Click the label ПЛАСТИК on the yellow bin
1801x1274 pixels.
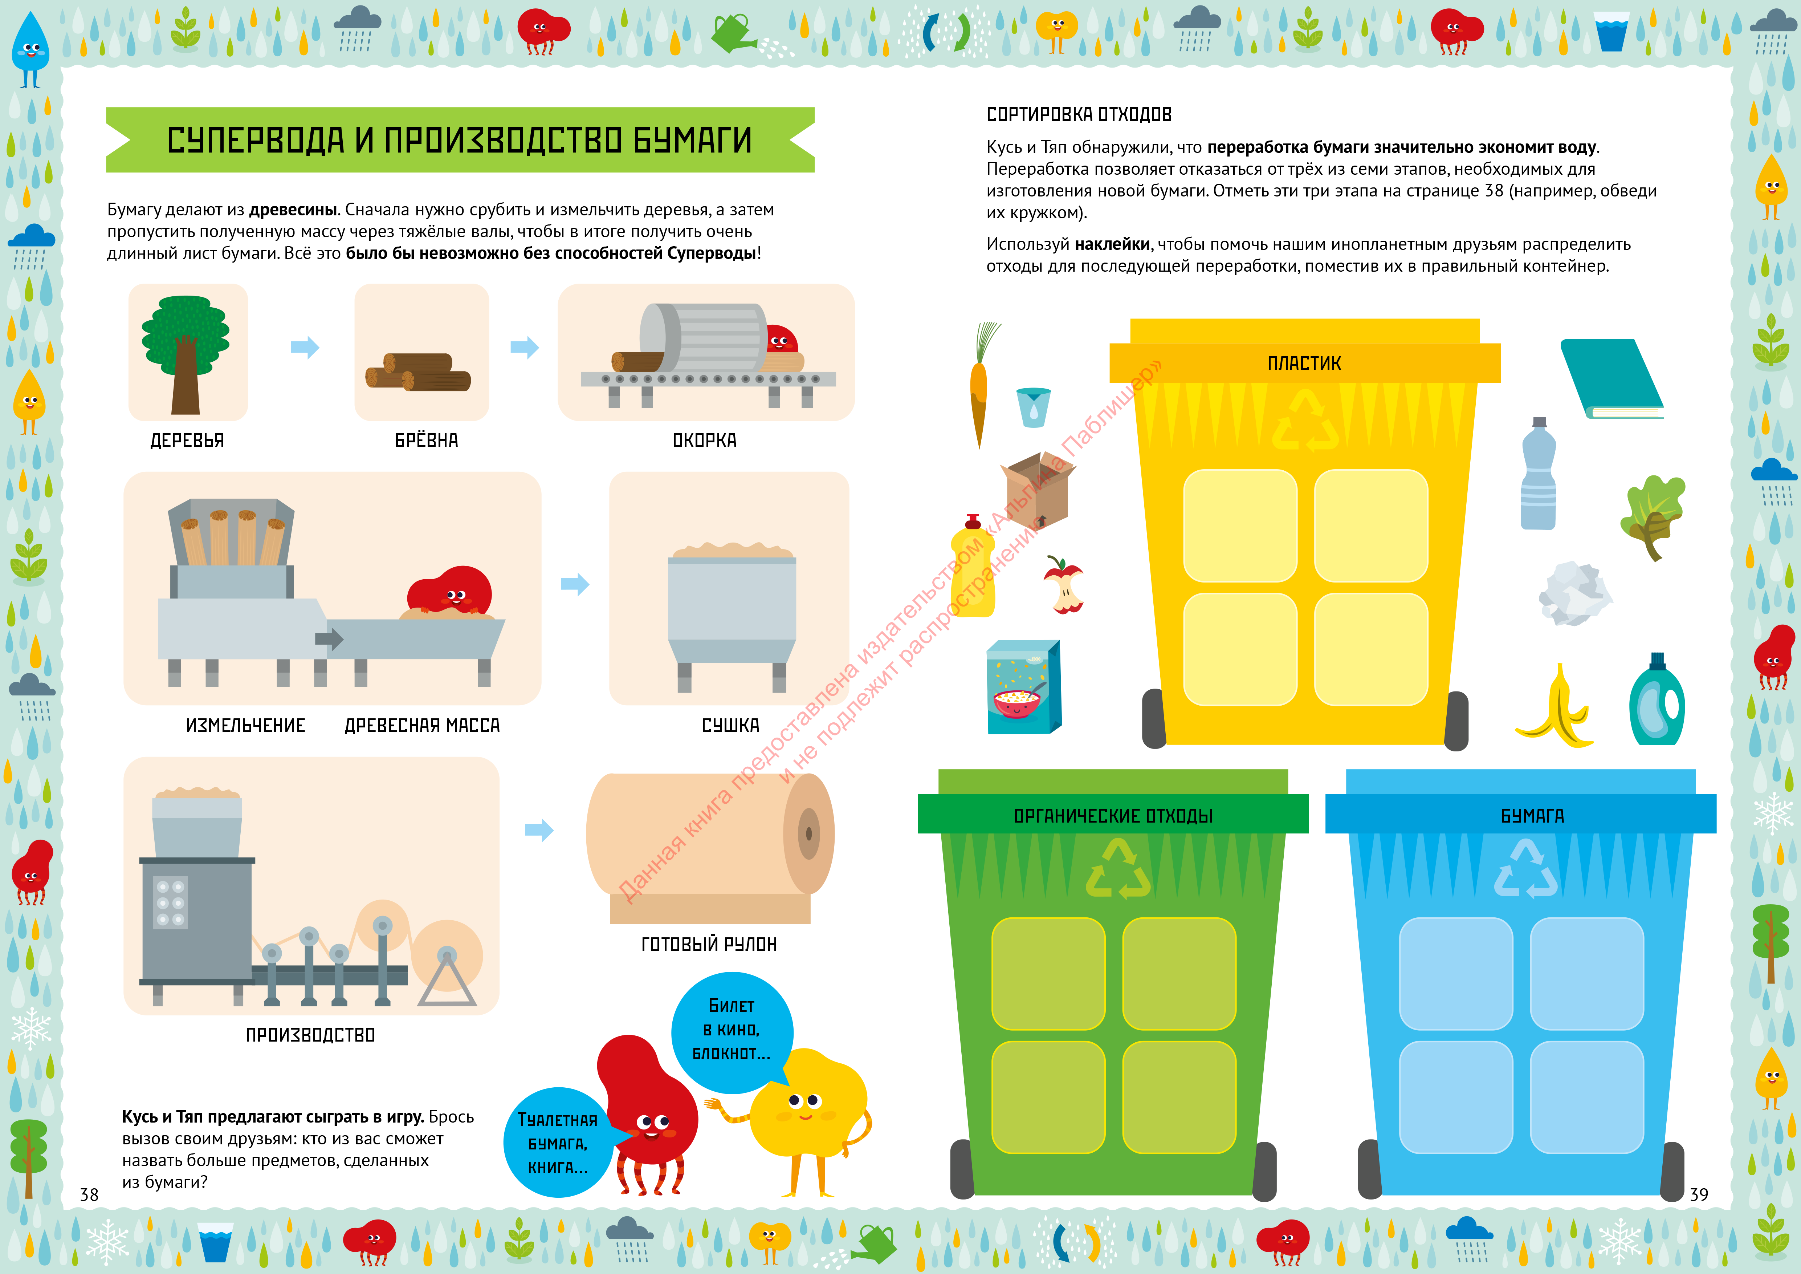pyautogui.click(x=1304, y=363)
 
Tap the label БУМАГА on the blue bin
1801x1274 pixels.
pyautogui.click(x=1532, y=816)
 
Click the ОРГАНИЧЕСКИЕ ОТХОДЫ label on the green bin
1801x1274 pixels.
pyautogui.click(x=1113, y=816)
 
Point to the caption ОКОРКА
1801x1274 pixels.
pyautogui.click(x=704, y=441)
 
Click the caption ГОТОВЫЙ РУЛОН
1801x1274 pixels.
pyautogui.click(x=709, y=945)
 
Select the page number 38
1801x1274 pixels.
pyautogui.click(x=89, y=1195)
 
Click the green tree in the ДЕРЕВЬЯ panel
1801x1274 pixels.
pyautogui.click(x=186, y=354)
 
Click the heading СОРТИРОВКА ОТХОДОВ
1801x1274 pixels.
pyautogui.click(x=1079, y=114)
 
